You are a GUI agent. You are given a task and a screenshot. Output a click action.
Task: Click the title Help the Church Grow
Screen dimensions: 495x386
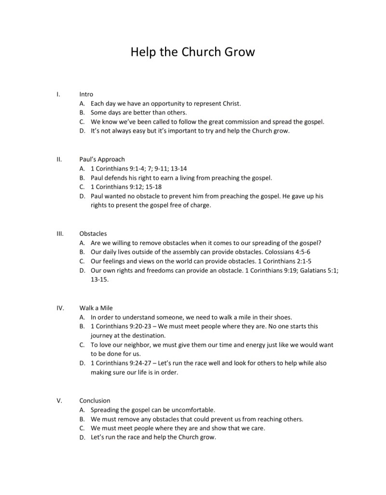193,52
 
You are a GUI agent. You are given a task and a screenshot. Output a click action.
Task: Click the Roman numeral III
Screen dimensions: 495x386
59,233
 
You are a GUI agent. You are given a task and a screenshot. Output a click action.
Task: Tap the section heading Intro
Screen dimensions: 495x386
86,94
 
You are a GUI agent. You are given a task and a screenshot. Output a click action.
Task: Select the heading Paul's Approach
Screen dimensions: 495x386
102,159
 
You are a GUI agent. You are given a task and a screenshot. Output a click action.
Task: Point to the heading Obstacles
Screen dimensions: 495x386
93,233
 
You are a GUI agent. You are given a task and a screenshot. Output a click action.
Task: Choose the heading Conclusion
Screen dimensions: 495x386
95,400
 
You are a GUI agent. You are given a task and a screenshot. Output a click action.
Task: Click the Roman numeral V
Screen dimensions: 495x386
59,400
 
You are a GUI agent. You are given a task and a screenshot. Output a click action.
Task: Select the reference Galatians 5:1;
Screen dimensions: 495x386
318,270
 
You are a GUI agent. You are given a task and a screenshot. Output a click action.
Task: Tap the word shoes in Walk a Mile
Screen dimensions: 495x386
282,317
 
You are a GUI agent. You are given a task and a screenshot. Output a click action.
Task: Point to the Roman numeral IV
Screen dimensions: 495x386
59,308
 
